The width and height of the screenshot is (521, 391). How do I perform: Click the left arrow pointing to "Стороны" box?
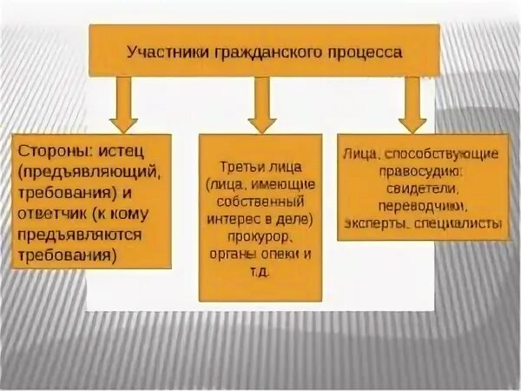click(122, 103)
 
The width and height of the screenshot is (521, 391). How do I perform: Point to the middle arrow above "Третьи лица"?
click(261, 103)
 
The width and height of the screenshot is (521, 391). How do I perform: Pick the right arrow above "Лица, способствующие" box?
click(412, 103)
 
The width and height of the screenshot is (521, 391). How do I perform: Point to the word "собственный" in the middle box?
click(260, 201)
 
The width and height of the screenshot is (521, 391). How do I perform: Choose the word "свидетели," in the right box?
click(419, 189)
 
